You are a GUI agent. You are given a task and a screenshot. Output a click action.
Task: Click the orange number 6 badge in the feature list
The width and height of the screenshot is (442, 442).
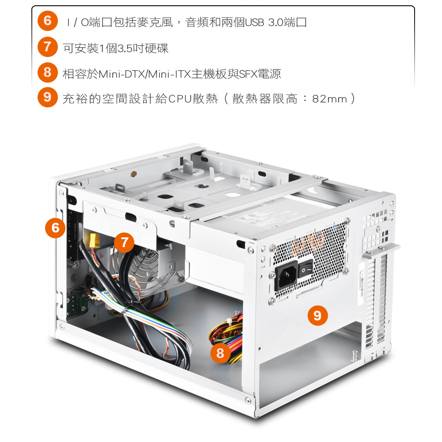pos(48,21)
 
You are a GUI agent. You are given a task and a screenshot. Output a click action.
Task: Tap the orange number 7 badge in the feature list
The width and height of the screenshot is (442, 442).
pos(48,47)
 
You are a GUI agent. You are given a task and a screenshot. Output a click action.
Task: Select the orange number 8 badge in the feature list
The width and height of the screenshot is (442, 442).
pos(48,72)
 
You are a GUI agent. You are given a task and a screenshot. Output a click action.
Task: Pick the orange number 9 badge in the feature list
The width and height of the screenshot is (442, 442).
pos(48,97)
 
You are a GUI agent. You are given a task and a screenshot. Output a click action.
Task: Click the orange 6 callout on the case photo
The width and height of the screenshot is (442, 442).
pos(55,228)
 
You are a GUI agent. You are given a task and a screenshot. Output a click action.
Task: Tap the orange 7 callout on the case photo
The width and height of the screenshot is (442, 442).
pos(124,242)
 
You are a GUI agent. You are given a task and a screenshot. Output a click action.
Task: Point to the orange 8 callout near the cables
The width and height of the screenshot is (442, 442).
pos(220,353)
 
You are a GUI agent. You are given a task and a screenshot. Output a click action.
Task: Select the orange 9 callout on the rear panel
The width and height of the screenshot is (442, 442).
pos(318,316)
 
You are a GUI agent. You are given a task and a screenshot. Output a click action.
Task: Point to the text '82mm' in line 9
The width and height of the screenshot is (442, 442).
pos(330,99)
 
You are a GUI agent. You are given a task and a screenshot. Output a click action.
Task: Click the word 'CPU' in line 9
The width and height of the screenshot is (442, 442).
pos(180,99)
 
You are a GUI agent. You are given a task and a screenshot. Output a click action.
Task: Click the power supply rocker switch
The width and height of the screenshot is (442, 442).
pos(305,269)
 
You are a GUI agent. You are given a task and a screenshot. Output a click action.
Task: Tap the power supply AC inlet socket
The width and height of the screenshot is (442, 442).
pos(286,275)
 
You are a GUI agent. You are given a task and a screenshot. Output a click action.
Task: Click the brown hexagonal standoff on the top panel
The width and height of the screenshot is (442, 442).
pos(133,174)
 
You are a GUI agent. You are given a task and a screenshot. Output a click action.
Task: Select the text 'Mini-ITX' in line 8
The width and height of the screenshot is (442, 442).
pos(169,74)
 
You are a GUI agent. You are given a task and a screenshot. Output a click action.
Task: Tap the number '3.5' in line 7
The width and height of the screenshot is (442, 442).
pos(125,49)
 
